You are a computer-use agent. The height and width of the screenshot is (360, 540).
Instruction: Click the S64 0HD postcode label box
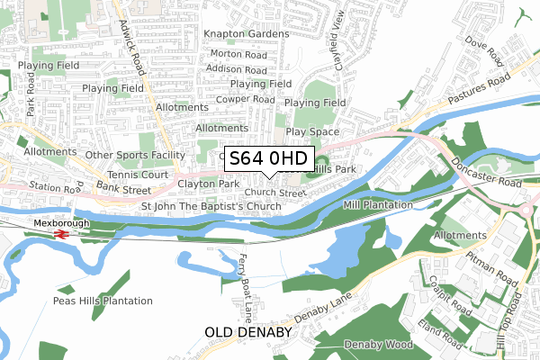coord(268,158)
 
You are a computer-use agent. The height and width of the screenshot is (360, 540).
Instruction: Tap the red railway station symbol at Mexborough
coord(62,233)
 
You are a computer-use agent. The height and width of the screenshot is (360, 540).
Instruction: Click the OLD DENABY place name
coord(248,332)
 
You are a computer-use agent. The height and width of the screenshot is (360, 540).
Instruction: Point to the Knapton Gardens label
coord(246,34)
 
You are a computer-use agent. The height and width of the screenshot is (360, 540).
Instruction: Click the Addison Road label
coord(237,68)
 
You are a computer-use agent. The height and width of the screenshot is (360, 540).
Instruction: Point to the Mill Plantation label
coord(377,205)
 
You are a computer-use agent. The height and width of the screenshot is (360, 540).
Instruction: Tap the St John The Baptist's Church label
coord(211,207)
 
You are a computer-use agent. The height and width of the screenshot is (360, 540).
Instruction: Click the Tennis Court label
coord(139,174)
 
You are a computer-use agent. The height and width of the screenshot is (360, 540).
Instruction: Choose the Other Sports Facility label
coord(134,155)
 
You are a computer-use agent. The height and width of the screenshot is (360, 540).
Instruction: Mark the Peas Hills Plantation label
coord(103,301)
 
